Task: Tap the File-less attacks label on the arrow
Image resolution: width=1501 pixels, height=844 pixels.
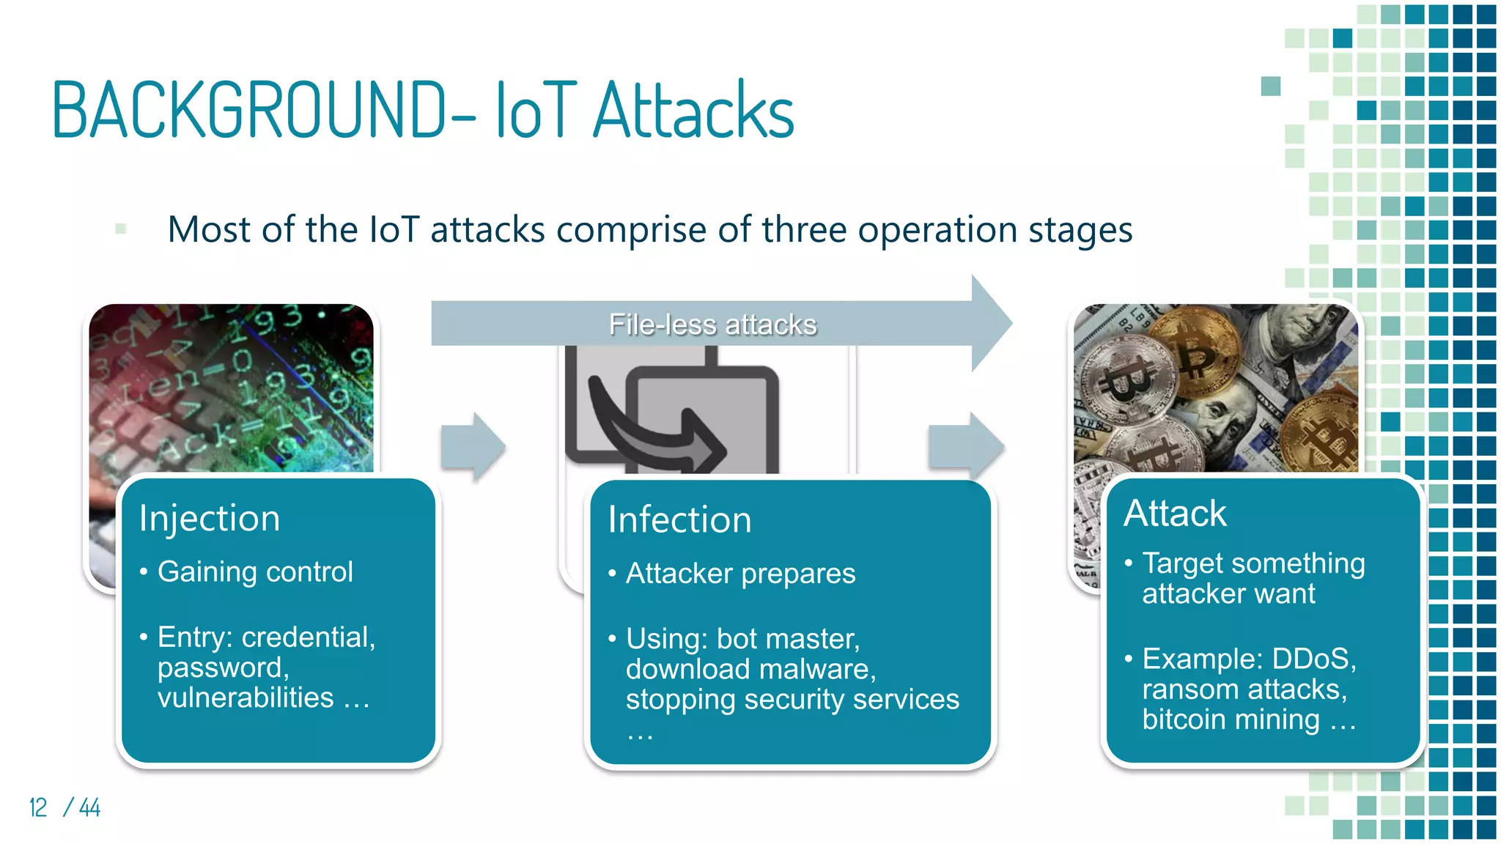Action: [x=712, y=325]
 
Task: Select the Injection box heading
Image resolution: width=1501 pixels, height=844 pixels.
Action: [x=210, y=519]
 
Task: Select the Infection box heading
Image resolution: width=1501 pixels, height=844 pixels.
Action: [x=679, y=520]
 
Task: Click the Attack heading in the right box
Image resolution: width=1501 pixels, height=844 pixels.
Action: [x=1175, y=513]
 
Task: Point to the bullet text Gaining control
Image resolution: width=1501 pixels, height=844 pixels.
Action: [x=255, y=571]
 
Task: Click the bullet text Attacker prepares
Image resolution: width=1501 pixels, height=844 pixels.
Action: [x=740, y=574]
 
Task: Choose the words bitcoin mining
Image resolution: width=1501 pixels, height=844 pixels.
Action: [x=1231, y=719]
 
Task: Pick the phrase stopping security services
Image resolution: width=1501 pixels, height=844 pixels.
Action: [x=792, y=700]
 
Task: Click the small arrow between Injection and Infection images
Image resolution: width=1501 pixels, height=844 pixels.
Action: [x=473, y=446]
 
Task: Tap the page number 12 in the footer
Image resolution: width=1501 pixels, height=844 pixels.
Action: [x=38, y=807]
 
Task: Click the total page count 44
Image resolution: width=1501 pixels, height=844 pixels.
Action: [x=89, y=807]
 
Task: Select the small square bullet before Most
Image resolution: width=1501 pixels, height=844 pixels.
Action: [x=121, y=229]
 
